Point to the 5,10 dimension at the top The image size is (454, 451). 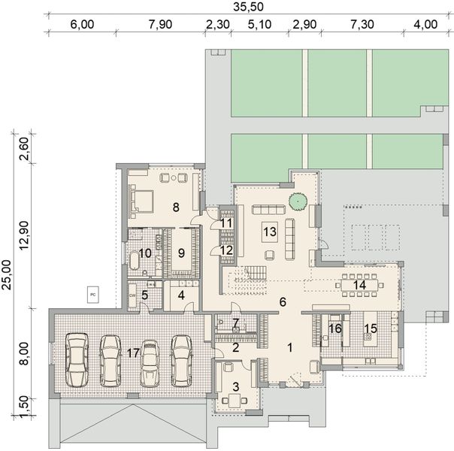(259, 23)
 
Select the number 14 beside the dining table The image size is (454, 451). (359, 286)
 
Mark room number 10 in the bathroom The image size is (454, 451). (147, 253)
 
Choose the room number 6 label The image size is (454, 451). (283, 301)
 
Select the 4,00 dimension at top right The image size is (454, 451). (425, 23)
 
